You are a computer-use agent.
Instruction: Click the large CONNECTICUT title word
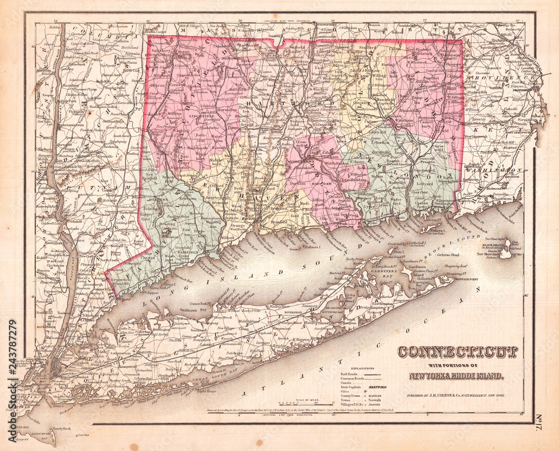[x=457, y=352]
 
